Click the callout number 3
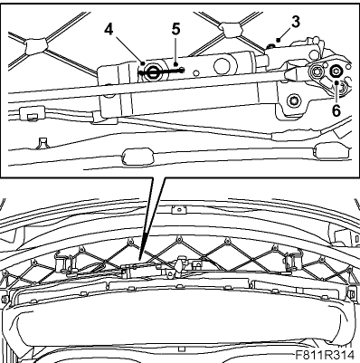(296, 22)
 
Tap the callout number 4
(109, 30)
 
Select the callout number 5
(175, 29)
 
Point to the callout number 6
(336, 110)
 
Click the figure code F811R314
(325, 354)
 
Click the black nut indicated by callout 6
(336, 72)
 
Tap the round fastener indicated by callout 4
(151, 72)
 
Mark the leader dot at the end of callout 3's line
(278, 40)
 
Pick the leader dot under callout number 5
(175, 63)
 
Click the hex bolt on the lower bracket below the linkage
(293, 100)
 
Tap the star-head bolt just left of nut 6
(315, 72)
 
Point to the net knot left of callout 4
(35, 46)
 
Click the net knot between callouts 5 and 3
(231, 29)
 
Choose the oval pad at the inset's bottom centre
(137, 156)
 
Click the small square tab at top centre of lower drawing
(178, 209)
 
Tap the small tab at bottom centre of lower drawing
(181, 349)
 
